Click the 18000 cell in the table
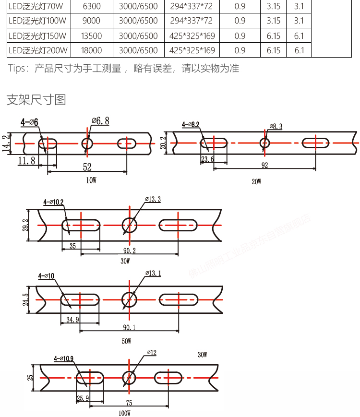click(x=92, y=50)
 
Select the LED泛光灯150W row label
click(x=37, y=36)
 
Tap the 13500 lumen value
click(x=92, y=36)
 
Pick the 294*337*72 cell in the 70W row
click(x=191, y=6)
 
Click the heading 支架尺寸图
click(x=36, y=100)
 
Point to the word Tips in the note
click(x=18, y=68)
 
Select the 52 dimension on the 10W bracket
click(x=87, y=167)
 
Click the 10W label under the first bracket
click(x=91, y=180)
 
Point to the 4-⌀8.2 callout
click(x=191, y=125)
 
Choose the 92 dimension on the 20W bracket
click(x=264, y=165)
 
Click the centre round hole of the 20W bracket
click(x=264, y=143)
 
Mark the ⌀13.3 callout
click(x=152, y=199)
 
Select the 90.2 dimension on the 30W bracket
click(x=129, y=250)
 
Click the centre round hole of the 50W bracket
click(x=129, y=299)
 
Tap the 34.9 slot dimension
click(x=70, y=319)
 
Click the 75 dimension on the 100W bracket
click(x=129, y=404)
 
